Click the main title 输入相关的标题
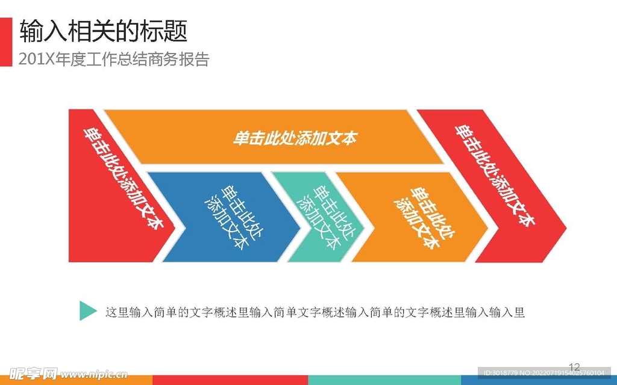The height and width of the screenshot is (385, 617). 104,31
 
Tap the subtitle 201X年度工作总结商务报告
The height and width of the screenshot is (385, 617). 114,60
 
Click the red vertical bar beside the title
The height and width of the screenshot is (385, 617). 6,42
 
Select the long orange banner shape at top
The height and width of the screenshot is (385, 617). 274,137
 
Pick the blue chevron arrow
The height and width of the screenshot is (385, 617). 224,217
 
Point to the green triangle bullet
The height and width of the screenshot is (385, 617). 87,311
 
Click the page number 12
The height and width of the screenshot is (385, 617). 574,368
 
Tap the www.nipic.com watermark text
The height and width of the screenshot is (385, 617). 94,374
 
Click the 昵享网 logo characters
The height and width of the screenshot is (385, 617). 34,374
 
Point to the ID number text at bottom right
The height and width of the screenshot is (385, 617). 544,373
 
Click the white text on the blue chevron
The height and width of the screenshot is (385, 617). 234,217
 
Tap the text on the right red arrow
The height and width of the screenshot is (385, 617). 495,176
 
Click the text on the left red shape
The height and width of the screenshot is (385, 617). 124,178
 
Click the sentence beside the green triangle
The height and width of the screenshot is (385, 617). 315,312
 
